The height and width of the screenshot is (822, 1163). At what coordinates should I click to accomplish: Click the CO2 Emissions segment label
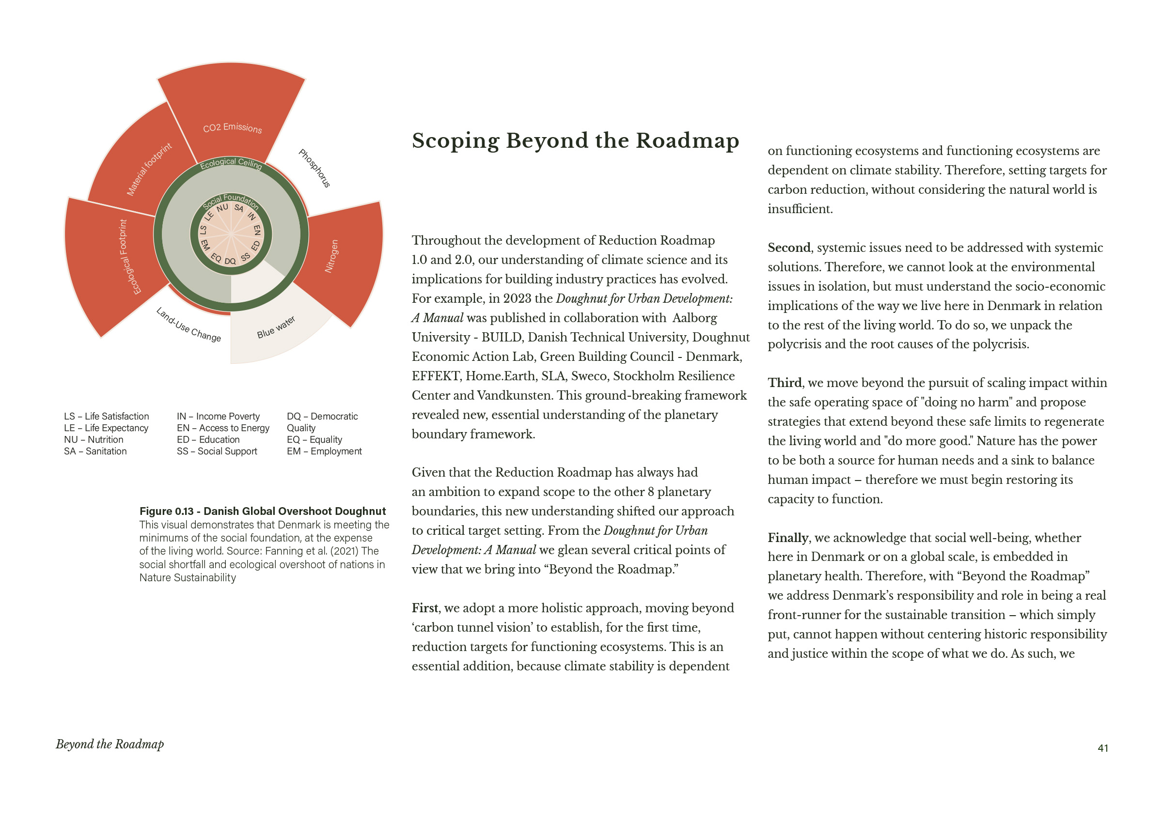tap(233, 127)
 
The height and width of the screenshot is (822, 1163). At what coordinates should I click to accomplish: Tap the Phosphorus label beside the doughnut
tap(314, 168)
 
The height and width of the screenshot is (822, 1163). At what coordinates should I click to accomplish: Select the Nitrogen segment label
tap(331, 256)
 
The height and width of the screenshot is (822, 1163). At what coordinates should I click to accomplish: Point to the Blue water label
tap(276, 327)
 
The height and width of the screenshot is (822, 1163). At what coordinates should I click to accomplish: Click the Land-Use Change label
tap(189, 325)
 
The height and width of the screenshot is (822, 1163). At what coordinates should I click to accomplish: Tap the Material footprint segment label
tap(149, 169)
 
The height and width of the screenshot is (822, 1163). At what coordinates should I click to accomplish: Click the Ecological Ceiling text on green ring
tap(231, 163)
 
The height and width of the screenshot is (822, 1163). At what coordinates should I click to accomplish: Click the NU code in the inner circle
tap(222, 208)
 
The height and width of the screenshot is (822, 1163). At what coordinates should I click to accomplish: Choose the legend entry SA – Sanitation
tap(95, 451)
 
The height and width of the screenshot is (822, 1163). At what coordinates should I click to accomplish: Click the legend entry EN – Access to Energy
tap(223, 428)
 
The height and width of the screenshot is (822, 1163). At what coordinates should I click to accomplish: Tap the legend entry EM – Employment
tap(324, 451)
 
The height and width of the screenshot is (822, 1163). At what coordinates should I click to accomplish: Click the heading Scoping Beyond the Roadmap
tap(575, 141)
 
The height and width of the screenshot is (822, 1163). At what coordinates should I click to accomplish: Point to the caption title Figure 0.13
tap(262, 511)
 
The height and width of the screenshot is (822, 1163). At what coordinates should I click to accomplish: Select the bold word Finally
tap(787, 538)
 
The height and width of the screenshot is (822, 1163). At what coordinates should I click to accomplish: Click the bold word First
tap(425, 608)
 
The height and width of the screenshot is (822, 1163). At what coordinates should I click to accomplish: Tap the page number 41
tap(1103, 748)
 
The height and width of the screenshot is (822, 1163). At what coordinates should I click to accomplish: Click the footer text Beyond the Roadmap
tap(110, 744)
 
